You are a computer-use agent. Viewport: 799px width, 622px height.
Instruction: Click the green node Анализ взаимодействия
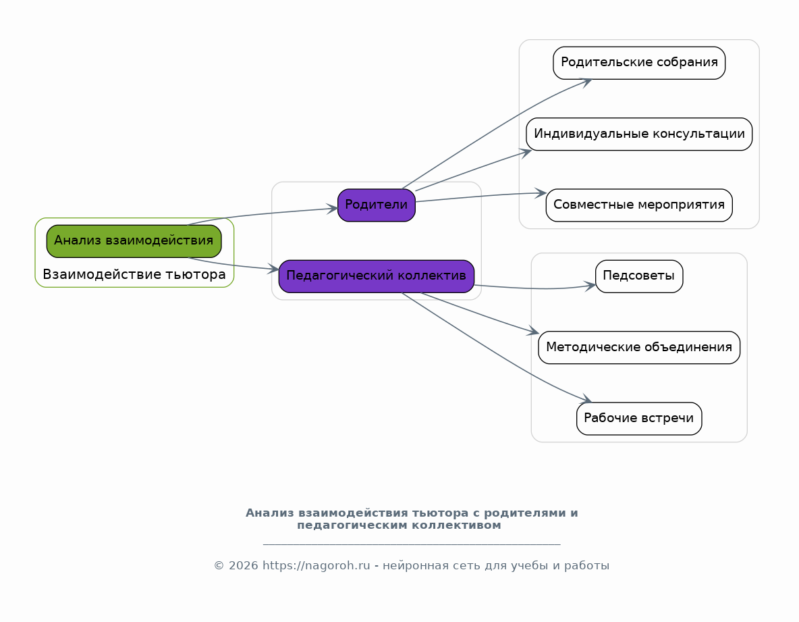134,241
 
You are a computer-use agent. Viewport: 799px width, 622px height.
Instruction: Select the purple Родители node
376,205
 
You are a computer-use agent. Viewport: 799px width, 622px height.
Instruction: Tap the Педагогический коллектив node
376,276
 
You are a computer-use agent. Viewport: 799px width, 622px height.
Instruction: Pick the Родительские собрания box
639,63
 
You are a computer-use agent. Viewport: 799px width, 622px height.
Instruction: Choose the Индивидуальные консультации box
639,134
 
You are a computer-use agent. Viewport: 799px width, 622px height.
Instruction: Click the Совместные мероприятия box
639,205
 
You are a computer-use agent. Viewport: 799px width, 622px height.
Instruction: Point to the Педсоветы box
639,276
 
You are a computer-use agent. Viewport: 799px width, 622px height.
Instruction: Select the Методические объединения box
639,348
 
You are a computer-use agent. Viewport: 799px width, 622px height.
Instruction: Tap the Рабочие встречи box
639,419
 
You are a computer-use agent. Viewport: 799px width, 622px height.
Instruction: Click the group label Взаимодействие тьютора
134,275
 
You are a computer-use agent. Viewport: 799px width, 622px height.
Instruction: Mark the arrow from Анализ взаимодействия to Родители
263,214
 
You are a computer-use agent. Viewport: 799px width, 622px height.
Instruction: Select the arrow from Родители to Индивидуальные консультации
472,171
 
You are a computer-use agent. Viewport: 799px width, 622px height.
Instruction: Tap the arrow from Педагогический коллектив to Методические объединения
479,313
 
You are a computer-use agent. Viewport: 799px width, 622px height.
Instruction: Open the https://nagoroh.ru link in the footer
316,566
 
